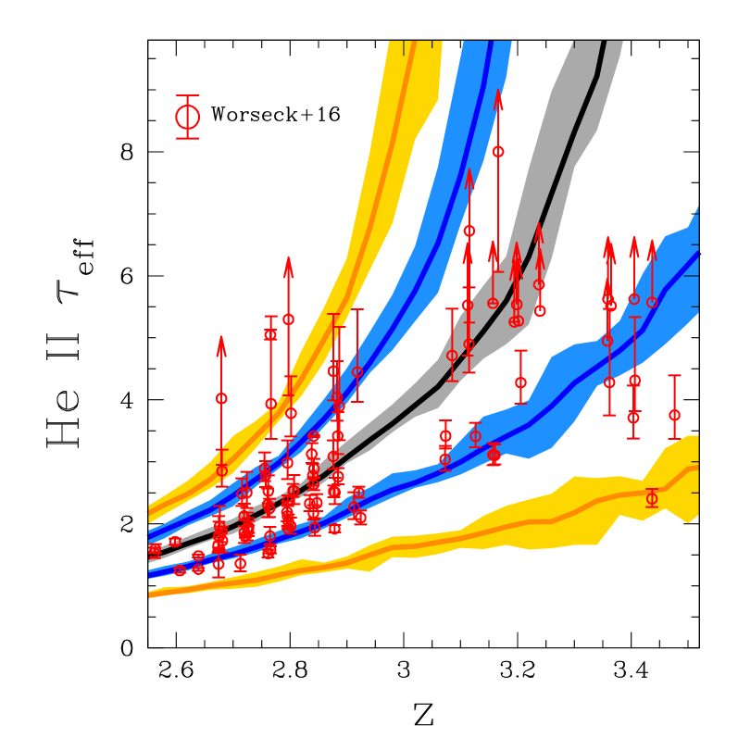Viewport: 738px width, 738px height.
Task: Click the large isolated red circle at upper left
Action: [x=187, y=118]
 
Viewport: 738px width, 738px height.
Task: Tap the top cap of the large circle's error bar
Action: [x=187, y=95]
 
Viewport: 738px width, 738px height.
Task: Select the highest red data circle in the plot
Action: [x=498, y=151]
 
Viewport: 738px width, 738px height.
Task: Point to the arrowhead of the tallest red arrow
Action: [x=498, y=93]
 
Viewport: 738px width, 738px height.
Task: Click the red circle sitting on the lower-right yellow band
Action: [x=652, y=498]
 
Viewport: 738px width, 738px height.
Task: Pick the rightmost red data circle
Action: [x=674, y=415]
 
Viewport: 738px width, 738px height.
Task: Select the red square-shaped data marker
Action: [x=270, y=334]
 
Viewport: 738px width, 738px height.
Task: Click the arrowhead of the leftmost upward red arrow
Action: [x=221, y=340]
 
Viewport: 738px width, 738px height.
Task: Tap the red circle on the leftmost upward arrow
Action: [x=221, y=398]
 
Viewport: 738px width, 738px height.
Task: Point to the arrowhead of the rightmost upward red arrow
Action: [x=652, y=244]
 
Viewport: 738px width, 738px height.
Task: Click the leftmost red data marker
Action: [x=155, y=550]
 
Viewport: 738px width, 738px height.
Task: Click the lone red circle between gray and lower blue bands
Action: [x=520, y=382]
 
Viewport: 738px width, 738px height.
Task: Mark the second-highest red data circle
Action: [x=469, y=231]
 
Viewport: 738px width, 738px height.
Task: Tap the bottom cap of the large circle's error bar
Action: [x=187, y=139]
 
